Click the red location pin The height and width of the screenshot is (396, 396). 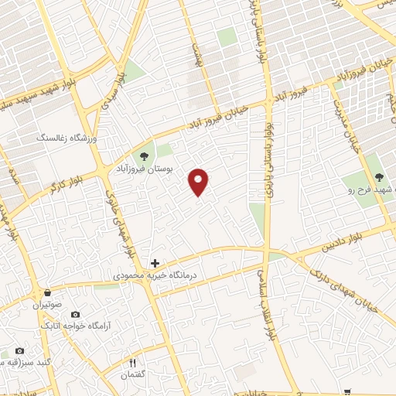pos(199,182)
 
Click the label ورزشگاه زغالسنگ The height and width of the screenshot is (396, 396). pos(67,137)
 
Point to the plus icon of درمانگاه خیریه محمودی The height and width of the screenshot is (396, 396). pos(155,264)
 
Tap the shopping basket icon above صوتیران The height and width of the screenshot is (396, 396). pos(48,293)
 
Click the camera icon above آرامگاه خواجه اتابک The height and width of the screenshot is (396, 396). pos(75,315)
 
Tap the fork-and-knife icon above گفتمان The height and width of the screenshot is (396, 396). pos(132,364)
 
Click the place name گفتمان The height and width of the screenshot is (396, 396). pos(132,375)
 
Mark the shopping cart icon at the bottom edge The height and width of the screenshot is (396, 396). pos(347,392)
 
